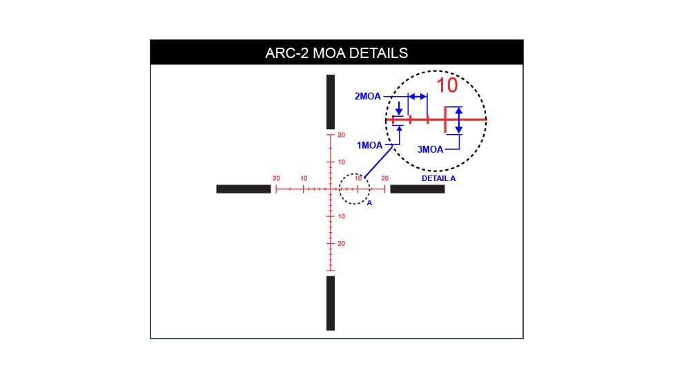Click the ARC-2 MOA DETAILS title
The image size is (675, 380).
point(337,53)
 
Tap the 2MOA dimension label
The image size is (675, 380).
point(368,97)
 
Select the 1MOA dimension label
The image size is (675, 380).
point(369,146)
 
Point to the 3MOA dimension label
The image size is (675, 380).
point(430,149)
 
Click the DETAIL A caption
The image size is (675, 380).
point(438,178)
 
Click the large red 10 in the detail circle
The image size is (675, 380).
point(447,85)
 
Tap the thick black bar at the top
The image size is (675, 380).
point(331,102)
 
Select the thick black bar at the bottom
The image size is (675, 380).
point(331,303)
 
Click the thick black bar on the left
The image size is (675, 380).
point(244,189)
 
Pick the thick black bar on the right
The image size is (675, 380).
point(418,189)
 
